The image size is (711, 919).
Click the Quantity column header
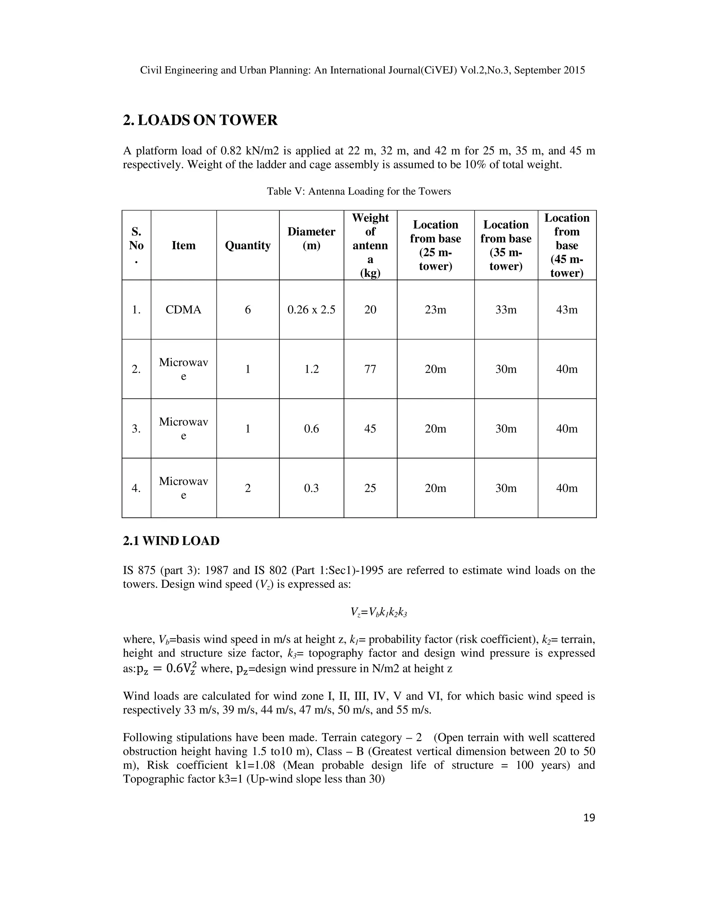[x=248, y=245]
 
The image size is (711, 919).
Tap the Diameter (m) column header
[x=311, y=239]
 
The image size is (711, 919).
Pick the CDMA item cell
[x=183, y=310]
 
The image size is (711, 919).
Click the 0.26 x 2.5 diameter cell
[x=311, y=310]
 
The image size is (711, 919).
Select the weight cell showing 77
[x=370, y=369]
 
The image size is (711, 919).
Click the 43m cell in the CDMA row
[x=567, y=310]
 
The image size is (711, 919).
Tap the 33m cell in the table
[x=505, y=310]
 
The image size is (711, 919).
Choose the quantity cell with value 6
[x=248, y=310]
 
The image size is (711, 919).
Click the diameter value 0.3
[x=311, y=488]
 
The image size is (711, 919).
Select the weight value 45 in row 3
[x=370, y=429]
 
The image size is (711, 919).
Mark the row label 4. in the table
[x=136, y=488]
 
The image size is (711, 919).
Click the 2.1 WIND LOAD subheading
[x=171, y=541]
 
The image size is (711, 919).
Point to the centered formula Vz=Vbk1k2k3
[x=379, y=612]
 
